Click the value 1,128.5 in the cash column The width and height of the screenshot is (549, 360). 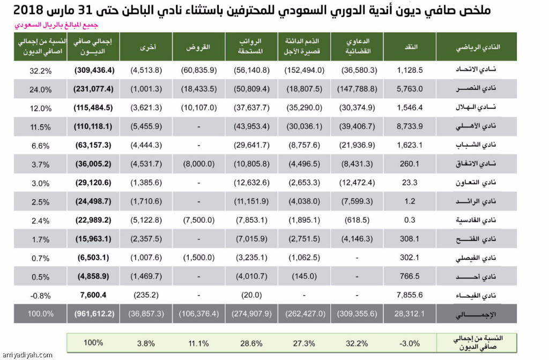click(x=411, y=70)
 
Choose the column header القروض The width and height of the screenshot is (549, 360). click(x=198, y=47)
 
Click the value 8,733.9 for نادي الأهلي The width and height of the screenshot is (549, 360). click(x=411, y=126)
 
